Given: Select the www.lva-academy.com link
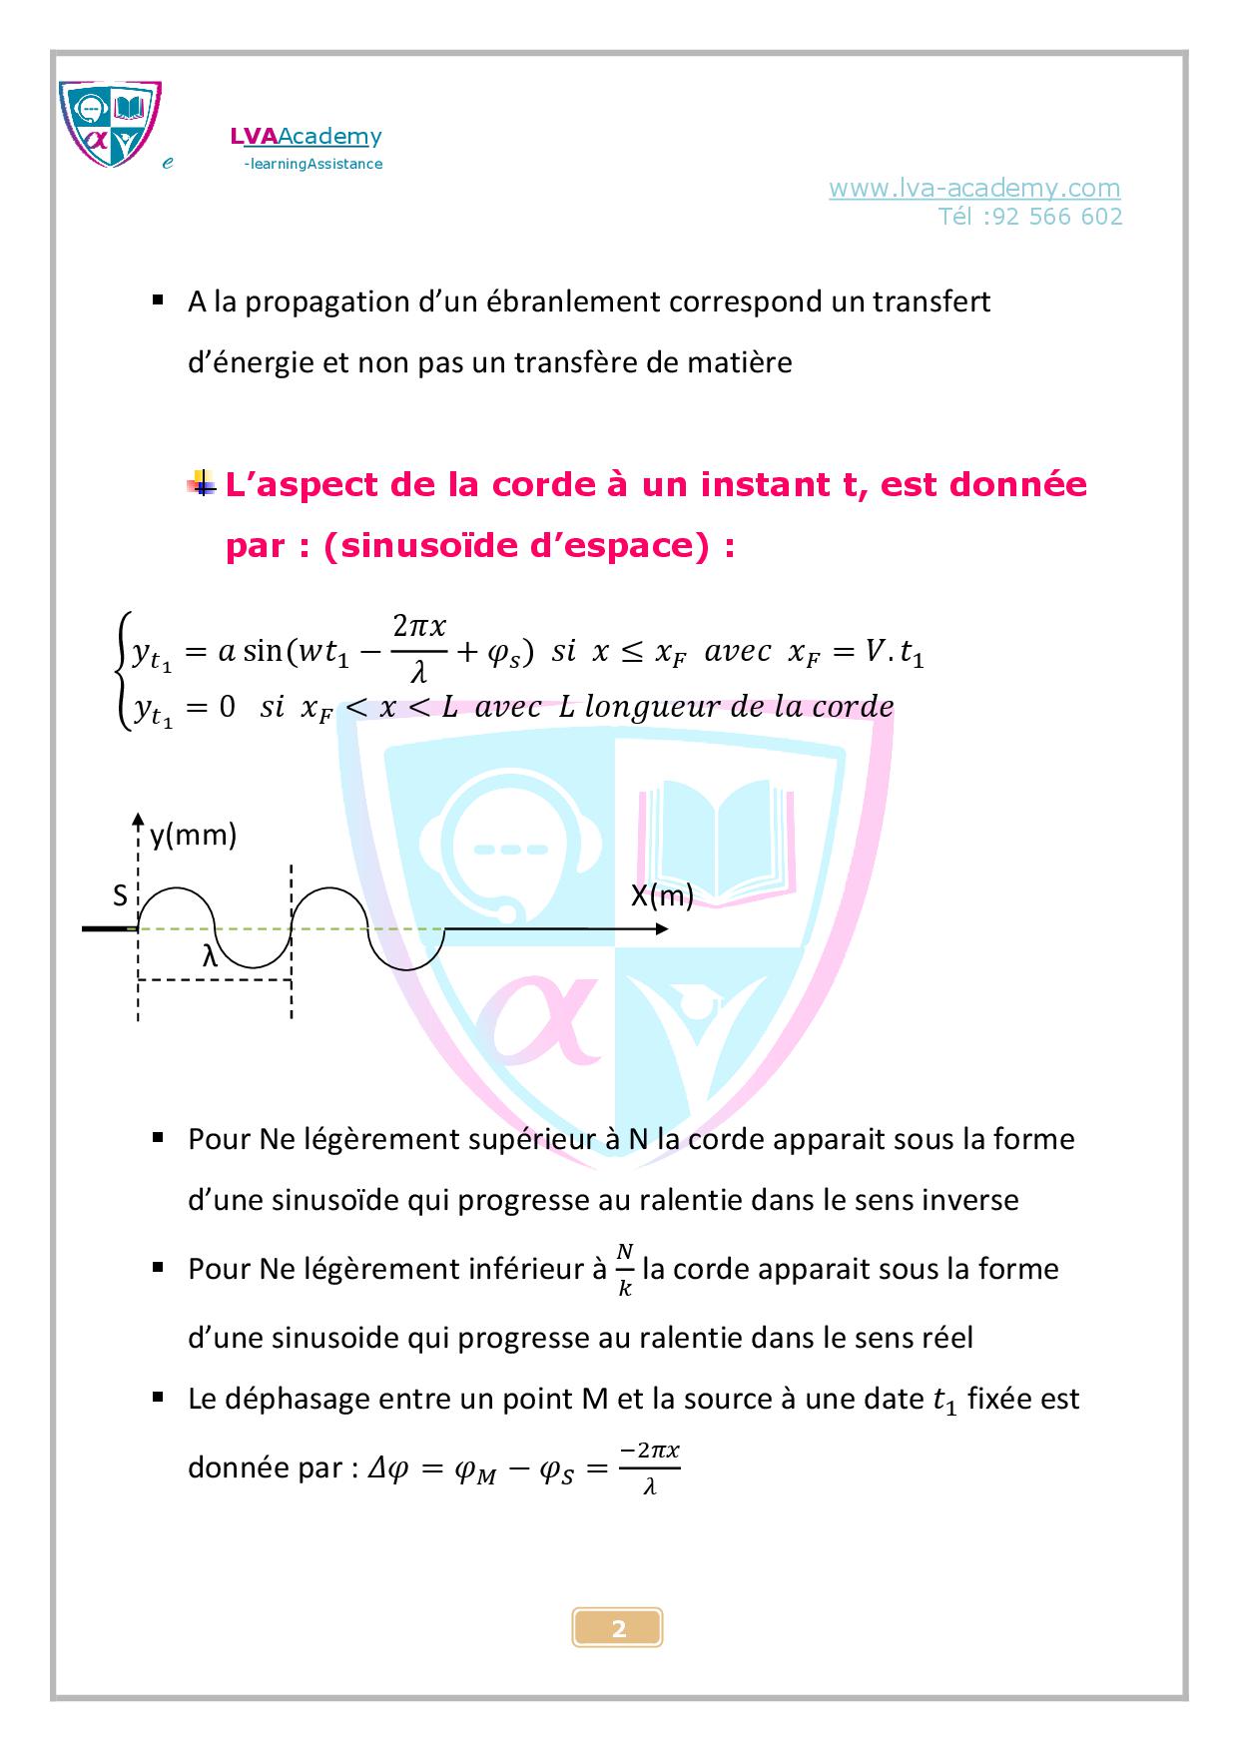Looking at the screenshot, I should [x=973, y=188].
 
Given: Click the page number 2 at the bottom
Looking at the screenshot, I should [x=618, y=1628].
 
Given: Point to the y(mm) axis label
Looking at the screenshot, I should [x=193, y=835].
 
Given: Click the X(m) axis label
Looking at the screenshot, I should [x=661, y=895].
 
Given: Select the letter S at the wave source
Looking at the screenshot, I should [x=120, y=895].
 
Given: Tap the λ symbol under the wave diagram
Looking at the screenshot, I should [x=210, y=956].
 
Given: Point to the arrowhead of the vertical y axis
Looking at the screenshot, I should [x=139, y=821].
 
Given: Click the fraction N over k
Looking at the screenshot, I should [x=625, y=1269].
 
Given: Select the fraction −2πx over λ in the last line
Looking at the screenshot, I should [x=649, y=1467].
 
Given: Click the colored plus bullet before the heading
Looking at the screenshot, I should [x=203, y=485].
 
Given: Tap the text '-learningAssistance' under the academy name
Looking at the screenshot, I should [x=312, y=164].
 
